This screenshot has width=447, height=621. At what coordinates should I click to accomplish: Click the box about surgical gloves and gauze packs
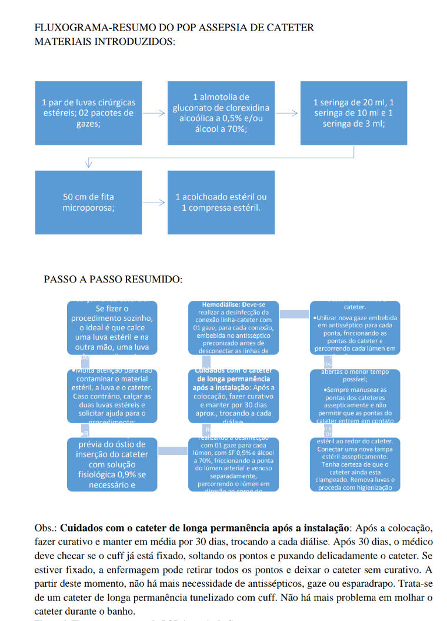pyautogui.click(x=88, y=113)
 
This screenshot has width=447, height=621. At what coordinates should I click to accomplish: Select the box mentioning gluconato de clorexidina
pyautogui.click(x=221, y=113)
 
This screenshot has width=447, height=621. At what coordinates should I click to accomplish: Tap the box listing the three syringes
pyautogui.click(x=353, y=113)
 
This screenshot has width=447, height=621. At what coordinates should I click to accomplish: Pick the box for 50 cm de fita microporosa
pyautogui.click(x=88, y=202)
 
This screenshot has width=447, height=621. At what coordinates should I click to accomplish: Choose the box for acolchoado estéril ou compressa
pyautogui.click(x=221, y=202)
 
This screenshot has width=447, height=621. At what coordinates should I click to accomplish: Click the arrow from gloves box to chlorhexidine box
pyautogui.click(x=155, y=113)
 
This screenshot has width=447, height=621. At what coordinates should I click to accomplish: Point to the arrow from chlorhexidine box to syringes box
pyautogui.click(x=288, y=113)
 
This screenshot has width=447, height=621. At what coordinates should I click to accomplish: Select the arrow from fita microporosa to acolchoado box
pyautogui.click(x=155, y=202)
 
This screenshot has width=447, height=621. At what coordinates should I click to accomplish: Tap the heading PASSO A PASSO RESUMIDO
pyautogui.click(x=113, y=279)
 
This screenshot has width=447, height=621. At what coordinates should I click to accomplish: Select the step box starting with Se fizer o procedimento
pyautogui.click(x=112, y=327)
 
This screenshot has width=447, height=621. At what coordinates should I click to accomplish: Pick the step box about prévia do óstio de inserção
pyautogui.click(x=112, y=464)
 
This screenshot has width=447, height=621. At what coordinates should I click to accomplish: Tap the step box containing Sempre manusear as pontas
pyautogui.click(x=355, y=396)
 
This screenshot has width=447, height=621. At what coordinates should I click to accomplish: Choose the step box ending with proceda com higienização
pyautogui.click(x=355, y=464)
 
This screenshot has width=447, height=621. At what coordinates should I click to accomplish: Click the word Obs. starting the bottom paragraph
pyautogui.click(x=45, y=527)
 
